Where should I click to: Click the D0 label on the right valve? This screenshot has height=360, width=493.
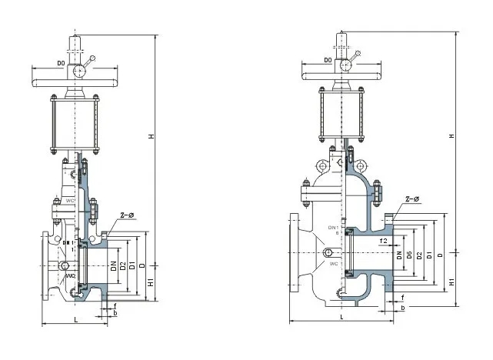tap(328, 59)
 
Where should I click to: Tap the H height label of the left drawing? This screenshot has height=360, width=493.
tap(152, 136)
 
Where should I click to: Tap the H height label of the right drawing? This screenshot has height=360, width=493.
tap(452, 136)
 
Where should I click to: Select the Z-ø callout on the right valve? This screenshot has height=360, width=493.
tap(412, 200)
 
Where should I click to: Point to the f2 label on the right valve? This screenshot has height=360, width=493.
tap(383, 241)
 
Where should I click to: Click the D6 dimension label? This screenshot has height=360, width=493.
tap(409, 255)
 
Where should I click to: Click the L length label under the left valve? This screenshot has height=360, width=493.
tap(75, 318)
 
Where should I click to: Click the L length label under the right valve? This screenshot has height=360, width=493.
tap(341, 316)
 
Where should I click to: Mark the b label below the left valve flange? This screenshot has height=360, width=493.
tap(115, 313)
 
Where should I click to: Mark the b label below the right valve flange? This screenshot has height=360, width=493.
tap(402, 308)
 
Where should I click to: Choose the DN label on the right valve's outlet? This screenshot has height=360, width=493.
tap(399, 255)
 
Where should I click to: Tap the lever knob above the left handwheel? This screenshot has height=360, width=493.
tap(94, 58)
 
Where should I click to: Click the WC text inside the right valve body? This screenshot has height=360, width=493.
tap(335, 263)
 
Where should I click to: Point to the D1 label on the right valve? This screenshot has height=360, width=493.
tap(429, 255)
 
